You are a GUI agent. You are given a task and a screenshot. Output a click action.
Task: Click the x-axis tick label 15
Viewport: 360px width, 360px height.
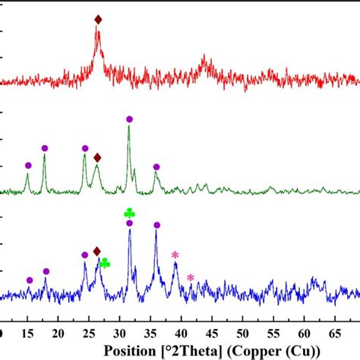click(27, 333)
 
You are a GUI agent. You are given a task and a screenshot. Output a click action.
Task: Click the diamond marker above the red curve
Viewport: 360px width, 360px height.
click(97, 19)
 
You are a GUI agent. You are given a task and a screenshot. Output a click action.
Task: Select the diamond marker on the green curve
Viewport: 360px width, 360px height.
click(96, 157)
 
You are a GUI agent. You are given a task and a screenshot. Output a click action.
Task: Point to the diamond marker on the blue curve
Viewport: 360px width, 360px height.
click(96, 251)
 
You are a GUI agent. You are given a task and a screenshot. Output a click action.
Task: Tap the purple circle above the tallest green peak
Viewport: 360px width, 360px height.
click(129, 119)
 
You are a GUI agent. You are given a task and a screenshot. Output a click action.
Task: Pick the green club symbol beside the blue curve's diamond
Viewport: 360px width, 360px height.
click(105, 263)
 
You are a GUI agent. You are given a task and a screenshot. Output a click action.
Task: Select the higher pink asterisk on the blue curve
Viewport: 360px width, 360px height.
click(175, 254)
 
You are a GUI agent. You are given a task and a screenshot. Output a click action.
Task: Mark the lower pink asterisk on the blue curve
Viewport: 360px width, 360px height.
click(190, 277)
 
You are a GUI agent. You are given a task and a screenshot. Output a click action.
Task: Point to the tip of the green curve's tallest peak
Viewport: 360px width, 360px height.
click(129, 127)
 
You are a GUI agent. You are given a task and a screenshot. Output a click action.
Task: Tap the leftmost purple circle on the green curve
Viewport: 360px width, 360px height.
click(28, 166)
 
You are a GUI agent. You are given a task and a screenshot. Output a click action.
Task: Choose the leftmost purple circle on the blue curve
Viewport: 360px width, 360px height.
click(30, 280)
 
